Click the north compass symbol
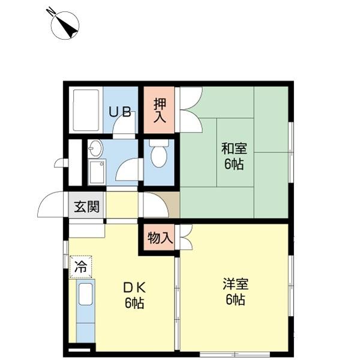click(65, 24)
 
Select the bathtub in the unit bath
click(86, 110)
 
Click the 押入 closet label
click(160, 110)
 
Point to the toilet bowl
click(158, 155)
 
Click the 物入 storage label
click(160, 238)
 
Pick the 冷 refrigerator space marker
click(80, 267)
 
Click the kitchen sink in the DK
click(85, 295)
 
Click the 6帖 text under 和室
click(235, 164)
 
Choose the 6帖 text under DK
click(134, 303)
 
